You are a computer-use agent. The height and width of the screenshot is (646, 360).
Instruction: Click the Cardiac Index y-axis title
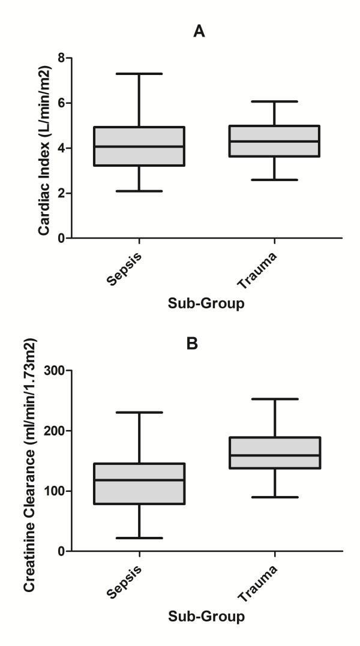(x=44, y=148)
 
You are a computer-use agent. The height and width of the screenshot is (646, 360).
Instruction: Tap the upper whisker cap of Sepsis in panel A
(x=139, y=74)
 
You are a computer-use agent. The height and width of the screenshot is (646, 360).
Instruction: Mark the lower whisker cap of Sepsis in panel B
(x=139, y=538)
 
